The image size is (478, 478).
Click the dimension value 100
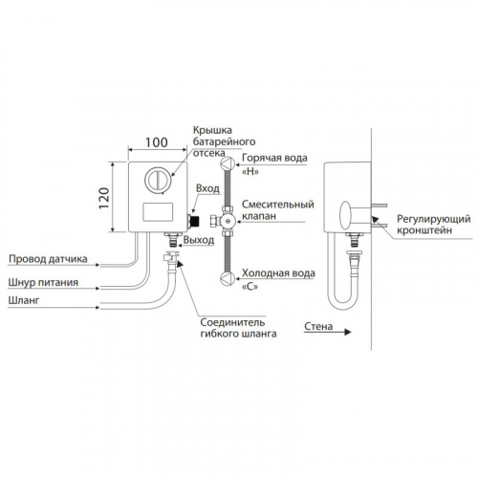157,142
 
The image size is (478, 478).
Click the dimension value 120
104,198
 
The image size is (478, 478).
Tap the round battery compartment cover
158,180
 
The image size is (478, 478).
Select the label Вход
207,188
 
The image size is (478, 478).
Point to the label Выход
199,240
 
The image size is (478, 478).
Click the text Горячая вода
274,158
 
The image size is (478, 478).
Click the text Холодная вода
278,273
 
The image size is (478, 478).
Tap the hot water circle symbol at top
228,163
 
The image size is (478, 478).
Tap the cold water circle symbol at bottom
228,279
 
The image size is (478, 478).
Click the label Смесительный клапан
278,209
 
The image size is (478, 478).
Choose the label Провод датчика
48,259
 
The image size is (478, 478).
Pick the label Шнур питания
43,282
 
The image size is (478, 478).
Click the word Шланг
24,300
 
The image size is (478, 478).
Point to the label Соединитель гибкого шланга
238,328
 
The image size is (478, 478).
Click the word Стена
318,326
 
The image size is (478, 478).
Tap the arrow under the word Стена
327,332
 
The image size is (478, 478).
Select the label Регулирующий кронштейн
434,225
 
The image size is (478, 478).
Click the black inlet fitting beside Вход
194,221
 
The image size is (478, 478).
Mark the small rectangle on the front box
158,212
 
